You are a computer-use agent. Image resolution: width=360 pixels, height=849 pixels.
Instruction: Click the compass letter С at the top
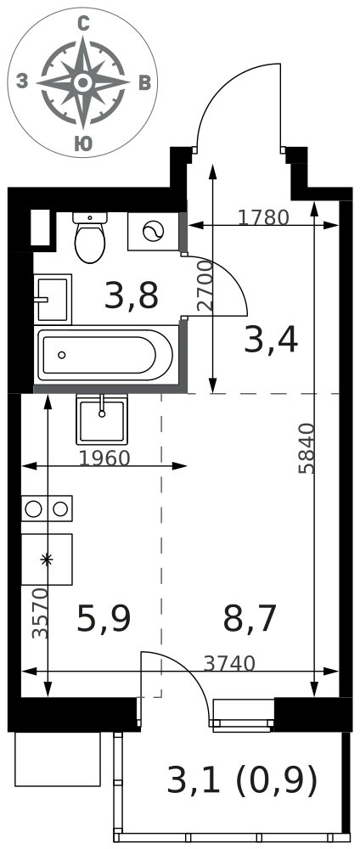point(83,23)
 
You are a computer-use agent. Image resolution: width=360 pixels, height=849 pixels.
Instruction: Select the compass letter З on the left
point(22,82)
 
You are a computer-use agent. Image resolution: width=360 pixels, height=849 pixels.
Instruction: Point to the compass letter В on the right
point(144,83)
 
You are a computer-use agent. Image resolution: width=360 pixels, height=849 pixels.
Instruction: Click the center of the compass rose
point(83,83)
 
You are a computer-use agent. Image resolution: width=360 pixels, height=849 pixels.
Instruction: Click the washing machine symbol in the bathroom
point(153,231)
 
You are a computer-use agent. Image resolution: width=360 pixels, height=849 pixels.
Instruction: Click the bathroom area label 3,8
point(132,296)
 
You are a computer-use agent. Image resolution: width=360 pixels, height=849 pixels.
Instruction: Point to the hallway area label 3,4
point(271,341)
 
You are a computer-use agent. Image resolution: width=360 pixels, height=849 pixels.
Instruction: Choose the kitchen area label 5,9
point(104,619)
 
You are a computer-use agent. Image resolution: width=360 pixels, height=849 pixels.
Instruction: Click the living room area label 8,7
point(250,619)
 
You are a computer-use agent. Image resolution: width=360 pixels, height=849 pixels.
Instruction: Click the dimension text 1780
point(264,217)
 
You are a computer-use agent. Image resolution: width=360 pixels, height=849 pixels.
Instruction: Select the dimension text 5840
point(307,448)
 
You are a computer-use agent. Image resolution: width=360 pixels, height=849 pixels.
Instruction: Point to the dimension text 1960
point(105,458)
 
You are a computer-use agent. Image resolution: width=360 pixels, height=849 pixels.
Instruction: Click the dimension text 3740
point(229,663)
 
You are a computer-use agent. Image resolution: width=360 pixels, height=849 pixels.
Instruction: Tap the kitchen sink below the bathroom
point(102,419)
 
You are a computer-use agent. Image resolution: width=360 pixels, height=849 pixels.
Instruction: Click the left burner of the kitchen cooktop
point(34,509)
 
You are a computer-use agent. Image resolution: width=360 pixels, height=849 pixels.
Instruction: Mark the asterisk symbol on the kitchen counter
point(47,559)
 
